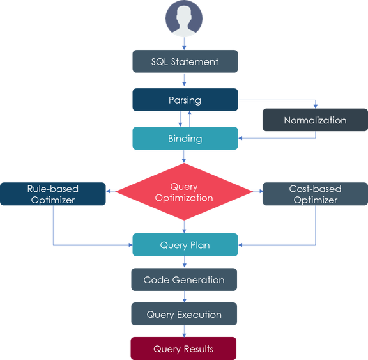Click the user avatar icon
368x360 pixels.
tap(184, 19)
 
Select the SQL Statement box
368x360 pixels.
tap(185, 61)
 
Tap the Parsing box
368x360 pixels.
tap(185, 100)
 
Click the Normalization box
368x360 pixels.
tap(315, 120)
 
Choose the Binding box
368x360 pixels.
tap(185, 138)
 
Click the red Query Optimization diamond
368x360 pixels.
tap(184, 192)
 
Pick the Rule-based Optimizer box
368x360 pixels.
tap(53, 194)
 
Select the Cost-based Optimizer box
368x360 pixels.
tap(315, 194)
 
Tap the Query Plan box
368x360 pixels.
tap(185, 245)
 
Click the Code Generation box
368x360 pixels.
tap(184, 279)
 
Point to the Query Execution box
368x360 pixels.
tap(184, 314)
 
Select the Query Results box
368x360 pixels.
tap(183, 348)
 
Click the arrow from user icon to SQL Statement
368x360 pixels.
tap(184, 43)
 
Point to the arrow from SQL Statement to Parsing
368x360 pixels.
tap(184, 80)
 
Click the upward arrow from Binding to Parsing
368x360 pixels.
tap(189, 119)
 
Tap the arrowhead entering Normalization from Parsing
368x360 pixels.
tap(316, 106)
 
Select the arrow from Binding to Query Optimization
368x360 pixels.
tap(184, 157)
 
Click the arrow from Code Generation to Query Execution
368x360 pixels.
tap(184, 297)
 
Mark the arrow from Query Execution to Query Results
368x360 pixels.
tap(184, 331)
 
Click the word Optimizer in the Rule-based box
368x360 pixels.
tap(53, 200)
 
